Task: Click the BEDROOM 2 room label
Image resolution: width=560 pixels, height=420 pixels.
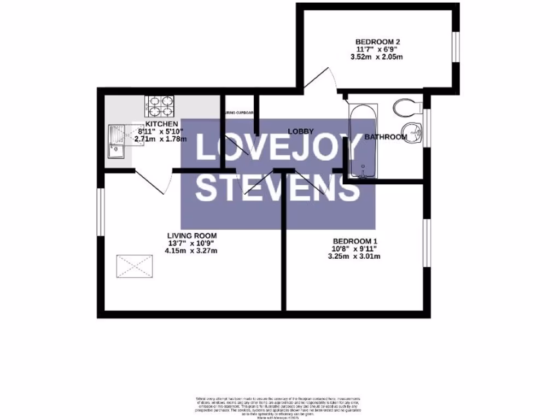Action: tap(379, 42)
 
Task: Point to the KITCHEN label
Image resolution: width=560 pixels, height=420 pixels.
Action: tap(161, 124)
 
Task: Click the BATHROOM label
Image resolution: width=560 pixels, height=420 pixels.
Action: tap(386, 137)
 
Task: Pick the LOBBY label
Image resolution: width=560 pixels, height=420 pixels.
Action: tap(301, 131)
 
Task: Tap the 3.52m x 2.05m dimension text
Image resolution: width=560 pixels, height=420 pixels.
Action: tap(379, 57)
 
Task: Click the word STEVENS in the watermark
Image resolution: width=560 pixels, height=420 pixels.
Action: tap(278, 188)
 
